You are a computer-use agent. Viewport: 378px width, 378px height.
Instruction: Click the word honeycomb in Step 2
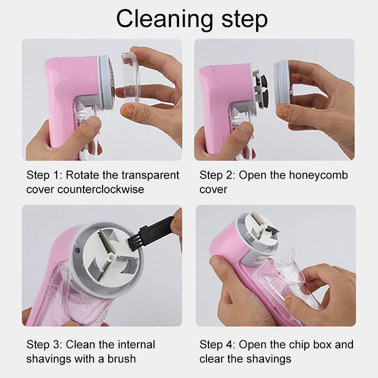click(318, 175)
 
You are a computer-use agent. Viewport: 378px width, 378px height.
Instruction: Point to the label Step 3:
click(44, 344)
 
